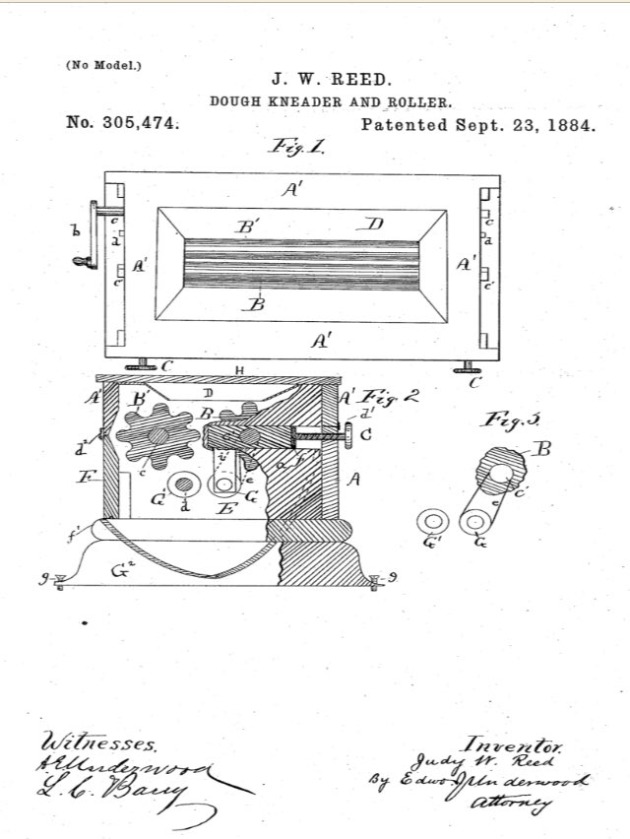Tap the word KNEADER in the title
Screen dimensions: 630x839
[299, 101]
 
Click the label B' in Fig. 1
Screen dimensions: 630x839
[247, 226]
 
